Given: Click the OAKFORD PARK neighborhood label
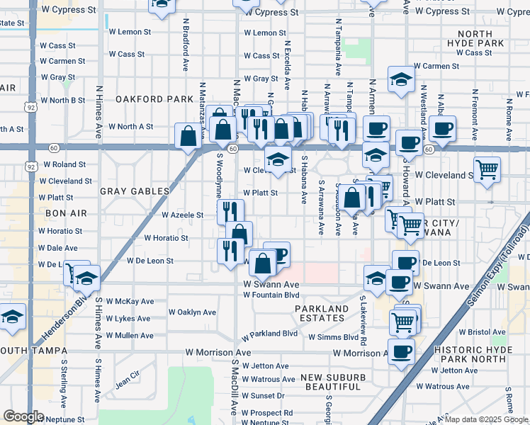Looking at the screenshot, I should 154,98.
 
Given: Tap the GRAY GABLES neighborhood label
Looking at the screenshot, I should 135,191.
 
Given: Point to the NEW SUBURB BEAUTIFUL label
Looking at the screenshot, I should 332,382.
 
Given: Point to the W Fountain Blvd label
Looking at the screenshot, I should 271,295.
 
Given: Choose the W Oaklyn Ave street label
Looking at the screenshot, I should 192,312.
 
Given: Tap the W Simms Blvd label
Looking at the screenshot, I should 333,337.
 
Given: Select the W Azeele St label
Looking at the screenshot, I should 184,215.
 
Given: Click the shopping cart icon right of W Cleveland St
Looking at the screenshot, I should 487,169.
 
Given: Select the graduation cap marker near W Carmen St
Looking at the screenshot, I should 401,80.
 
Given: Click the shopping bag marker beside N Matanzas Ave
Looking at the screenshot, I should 188,135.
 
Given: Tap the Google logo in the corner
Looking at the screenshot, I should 23,416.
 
